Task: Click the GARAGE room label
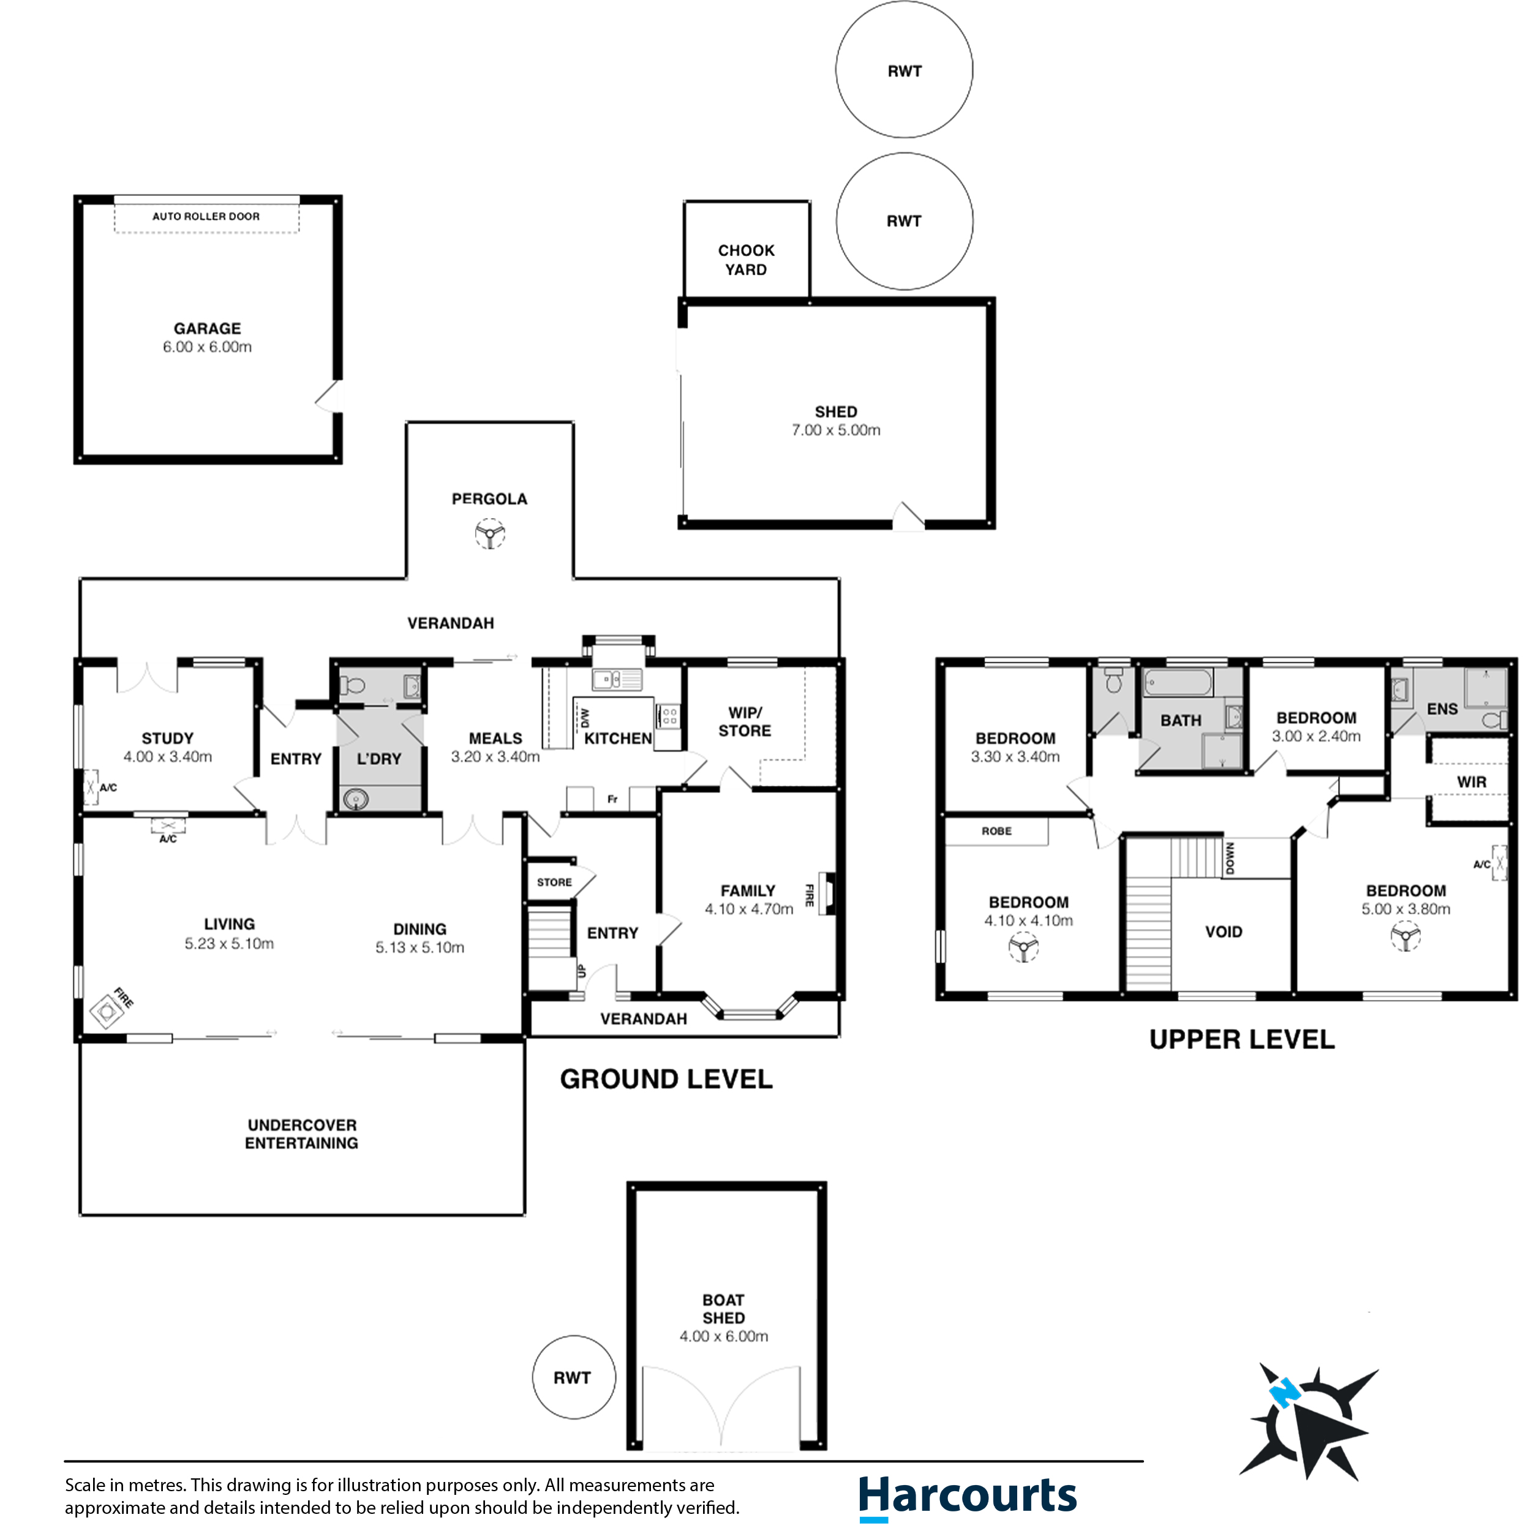tap(207, 328)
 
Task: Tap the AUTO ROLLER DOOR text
tap(206, 216)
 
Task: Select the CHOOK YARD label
tap(746, 260)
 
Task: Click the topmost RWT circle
tap(904, 70)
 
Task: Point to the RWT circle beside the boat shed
tap(573, 1377)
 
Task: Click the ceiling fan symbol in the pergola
tap(490, 533)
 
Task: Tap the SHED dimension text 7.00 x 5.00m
tap(835, 431)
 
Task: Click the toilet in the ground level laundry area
tap(353, 685)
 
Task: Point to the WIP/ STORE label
tap(744, 721)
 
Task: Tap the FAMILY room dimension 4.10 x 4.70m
tap(749, 909)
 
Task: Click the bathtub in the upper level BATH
tap(1178, 682)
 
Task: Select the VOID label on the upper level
tap(1223, 932)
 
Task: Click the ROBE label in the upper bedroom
tap(996, 831)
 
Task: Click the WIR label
tap(1471, 782)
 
